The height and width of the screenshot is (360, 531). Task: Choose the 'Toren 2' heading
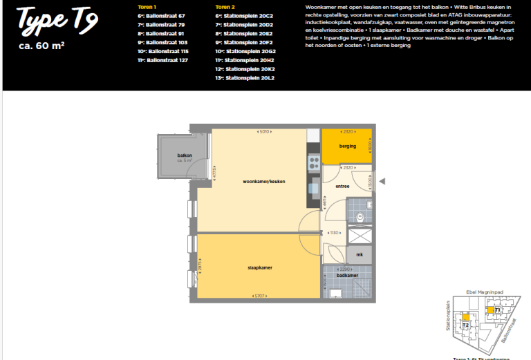(225, 6)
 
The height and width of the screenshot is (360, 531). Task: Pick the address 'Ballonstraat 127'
(164, 60)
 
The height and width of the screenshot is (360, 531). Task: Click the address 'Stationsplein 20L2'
(249, 78)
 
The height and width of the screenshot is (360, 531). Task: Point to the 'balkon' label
(184, 155)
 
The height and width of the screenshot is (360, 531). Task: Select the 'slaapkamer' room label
(259, 267)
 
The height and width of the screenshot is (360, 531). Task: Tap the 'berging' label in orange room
(347, 146)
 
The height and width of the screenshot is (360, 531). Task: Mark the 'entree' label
(342, 186)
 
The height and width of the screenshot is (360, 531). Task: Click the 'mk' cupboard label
(360, 255)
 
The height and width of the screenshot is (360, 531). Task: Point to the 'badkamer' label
(347, 275)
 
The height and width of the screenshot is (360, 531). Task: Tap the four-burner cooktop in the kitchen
(313, 164)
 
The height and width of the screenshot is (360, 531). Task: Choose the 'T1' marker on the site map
(497, 310)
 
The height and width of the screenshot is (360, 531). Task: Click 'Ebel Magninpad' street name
(489, 291)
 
